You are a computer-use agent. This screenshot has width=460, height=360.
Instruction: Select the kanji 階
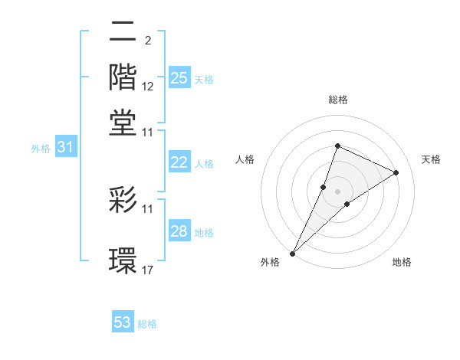123,77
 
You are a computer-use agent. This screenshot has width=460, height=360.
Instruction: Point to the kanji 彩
123,201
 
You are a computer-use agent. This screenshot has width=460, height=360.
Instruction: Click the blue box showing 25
179,78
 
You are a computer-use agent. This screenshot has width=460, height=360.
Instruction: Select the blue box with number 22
179,162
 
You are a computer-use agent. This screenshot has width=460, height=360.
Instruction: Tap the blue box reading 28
179,231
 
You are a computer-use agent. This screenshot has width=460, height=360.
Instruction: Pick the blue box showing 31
65,148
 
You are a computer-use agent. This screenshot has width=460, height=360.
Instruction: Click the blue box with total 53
123,322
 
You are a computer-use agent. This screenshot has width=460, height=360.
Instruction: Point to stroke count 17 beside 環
149,270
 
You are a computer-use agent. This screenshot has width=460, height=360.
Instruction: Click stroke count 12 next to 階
149,87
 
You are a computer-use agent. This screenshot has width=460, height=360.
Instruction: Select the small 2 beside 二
147,40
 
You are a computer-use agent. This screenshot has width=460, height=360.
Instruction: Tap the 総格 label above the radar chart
337,100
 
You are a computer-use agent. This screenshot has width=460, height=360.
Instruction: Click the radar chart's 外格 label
270,263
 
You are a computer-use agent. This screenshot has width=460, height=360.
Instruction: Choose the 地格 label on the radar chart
402,263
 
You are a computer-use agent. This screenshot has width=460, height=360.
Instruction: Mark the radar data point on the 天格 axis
396,172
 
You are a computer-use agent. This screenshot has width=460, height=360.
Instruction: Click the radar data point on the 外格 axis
292,254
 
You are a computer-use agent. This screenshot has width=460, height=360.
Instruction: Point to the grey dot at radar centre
337,191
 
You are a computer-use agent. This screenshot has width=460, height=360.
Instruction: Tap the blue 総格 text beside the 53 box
147,324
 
